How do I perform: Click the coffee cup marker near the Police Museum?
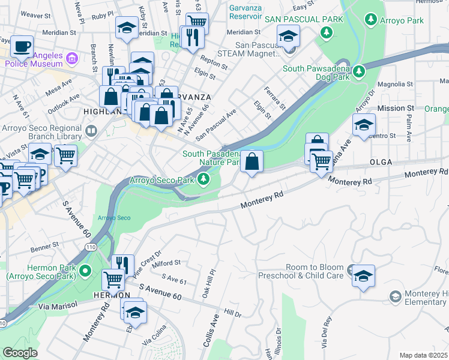click(22, 46)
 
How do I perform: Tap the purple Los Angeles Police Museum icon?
click(72, 59)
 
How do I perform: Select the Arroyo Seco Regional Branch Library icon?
click(91, 130)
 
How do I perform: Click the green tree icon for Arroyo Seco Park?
click(204, 179)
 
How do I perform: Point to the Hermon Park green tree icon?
click(85, 271)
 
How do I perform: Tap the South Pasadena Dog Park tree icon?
click(360, 72)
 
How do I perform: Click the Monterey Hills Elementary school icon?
click(395, 297)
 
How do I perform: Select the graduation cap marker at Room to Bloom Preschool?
click(363, 275)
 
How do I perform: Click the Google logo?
click(20, 353)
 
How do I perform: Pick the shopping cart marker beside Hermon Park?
click(113, 279)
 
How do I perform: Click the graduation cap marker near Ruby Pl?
click(127, 28)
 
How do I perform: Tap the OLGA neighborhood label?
click(381, 162)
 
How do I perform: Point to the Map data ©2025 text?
click(423, 355)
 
